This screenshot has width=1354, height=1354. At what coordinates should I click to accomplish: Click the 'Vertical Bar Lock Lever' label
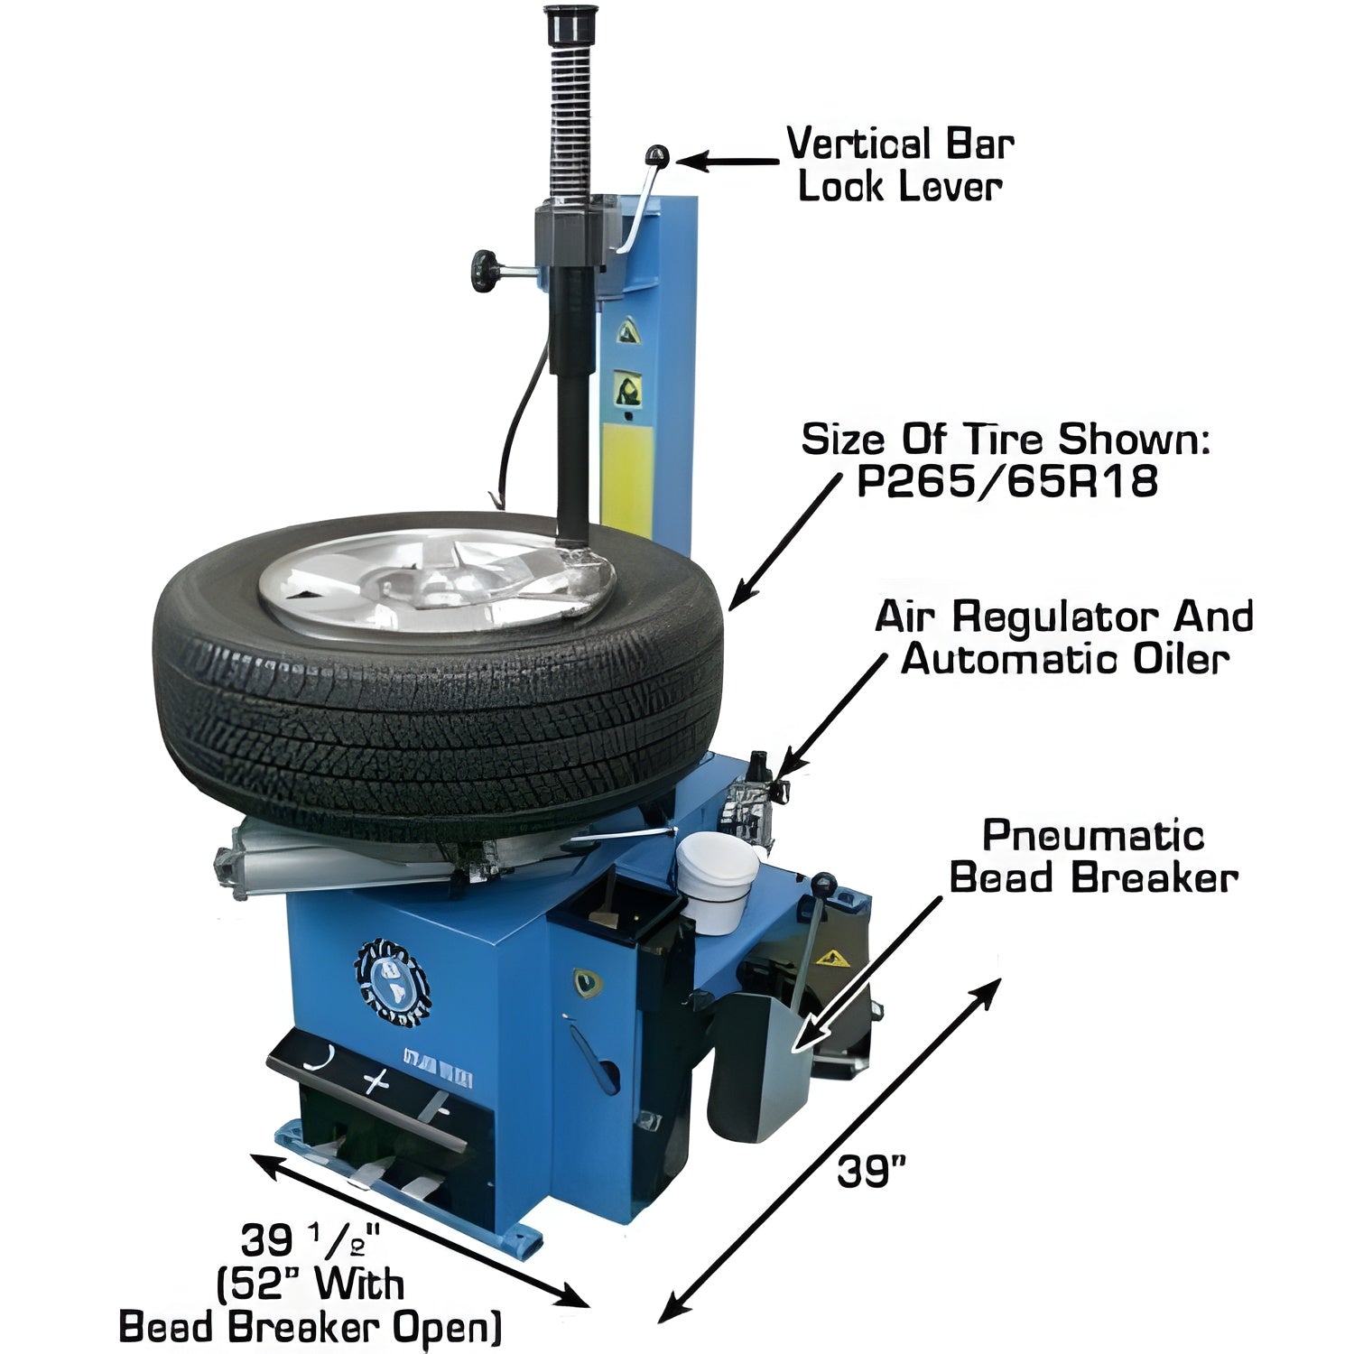pos(900,165)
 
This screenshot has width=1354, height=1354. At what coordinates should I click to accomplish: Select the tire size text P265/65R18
pos(1006,483)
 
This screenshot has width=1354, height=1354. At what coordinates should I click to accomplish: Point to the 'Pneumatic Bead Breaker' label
pos(1093,856)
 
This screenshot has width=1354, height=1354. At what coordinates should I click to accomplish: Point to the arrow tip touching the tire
pos(733,603)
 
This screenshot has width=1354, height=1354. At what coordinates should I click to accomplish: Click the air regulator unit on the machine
pos(751,799)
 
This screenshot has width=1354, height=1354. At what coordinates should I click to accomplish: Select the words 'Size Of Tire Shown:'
pos(1006,441)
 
